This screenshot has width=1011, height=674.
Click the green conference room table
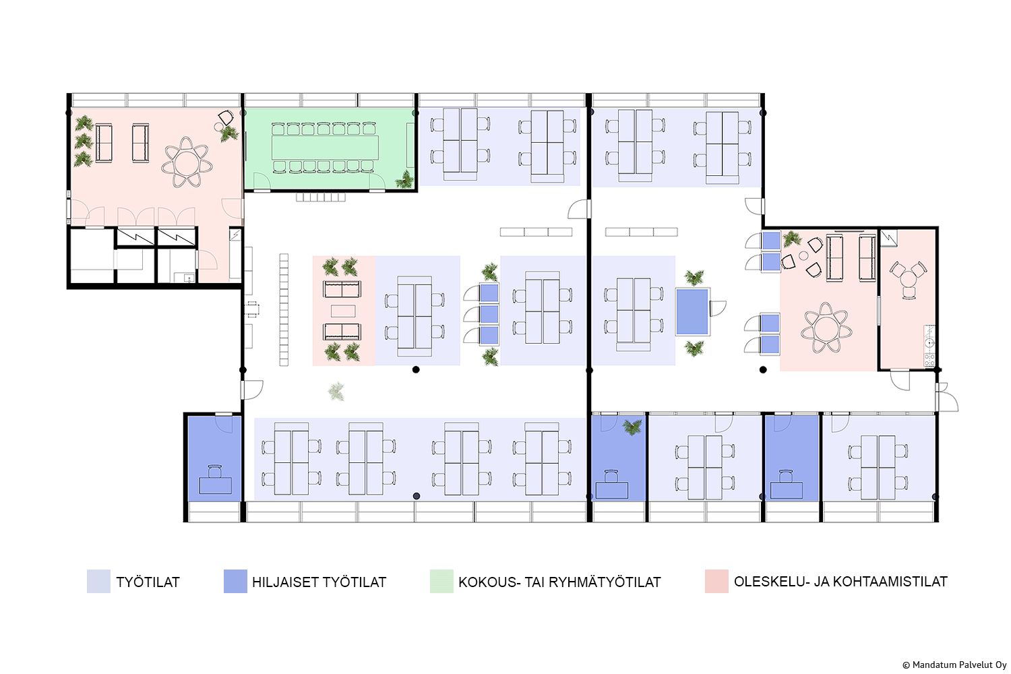point(325,148)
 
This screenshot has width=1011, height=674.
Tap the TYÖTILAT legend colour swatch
point(98,582)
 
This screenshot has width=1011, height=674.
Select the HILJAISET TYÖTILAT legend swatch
point(235,582)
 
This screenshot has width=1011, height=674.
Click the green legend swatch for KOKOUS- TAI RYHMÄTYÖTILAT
point(441,582)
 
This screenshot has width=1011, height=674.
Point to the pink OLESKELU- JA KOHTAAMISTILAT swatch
point(716,582)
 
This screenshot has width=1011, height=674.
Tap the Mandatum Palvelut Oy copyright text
point(954,665)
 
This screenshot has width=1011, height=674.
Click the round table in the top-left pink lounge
point(187,163)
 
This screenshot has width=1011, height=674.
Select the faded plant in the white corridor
point(336,391)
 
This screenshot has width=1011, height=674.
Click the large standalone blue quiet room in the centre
point(692,311)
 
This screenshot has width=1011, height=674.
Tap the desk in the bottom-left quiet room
point(215,485)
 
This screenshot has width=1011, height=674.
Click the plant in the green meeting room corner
point(405,179)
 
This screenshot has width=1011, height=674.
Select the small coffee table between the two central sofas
point(342,311)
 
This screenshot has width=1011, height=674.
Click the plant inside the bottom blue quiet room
point(632,426)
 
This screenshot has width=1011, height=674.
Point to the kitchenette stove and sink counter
point(929,345)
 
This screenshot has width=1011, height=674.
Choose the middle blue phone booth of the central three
point(489,314)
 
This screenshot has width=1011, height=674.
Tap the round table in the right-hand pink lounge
point(826,328)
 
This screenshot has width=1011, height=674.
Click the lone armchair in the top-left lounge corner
point(226,118)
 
